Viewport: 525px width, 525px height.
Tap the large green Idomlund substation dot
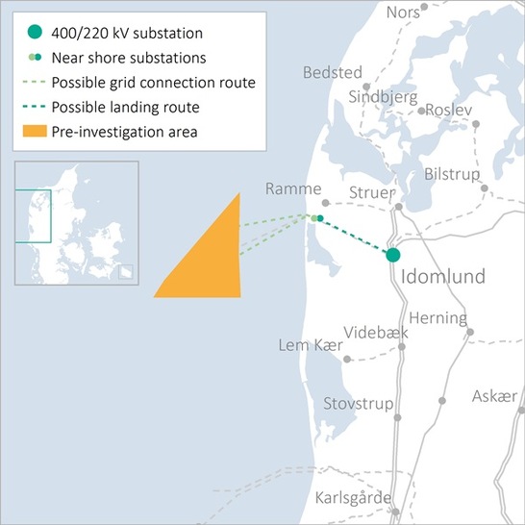click(x=392, y=255)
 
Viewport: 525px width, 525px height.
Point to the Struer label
click(x=371, y=191)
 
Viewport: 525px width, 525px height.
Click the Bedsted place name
click(x=332, y=73)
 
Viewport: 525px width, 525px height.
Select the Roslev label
click(x=449, y=111)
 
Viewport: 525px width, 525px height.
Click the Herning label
click(x=437, y=318)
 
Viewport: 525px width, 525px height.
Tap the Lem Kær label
click(x=310, y=344)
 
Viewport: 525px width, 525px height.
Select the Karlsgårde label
click(x=354, y=498)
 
